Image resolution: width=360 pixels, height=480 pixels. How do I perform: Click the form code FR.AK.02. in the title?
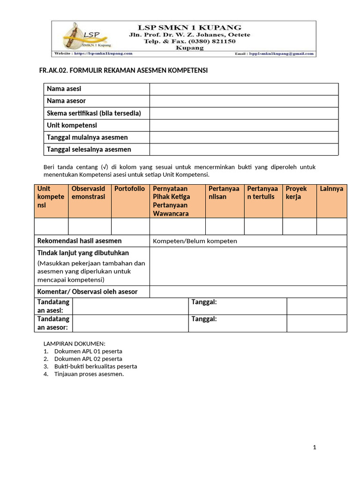click(x=53, y=70)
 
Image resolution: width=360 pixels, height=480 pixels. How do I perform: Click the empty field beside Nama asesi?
click(x=244, y=89)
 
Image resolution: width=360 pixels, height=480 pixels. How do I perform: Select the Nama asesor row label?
click(x=66, y=101)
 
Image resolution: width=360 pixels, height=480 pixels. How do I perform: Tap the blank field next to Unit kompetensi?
click(x=244, y=126)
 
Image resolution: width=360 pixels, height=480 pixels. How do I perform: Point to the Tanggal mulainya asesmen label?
click(x=87, y=137)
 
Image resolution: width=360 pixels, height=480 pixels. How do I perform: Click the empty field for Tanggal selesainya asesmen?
click(x=244, y=150)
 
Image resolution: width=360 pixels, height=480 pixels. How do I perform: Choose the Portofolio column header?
click(x=130, y=189)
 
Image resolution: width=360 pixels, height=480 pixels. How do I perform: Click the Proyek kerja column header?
click(x=296, y=193)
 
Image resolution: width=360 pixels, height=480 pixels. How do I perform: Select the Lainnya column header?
click(x=331, y=189)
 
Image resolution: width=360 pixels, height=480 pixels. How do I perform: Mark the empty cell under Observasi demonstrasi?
click(x=90, y=226)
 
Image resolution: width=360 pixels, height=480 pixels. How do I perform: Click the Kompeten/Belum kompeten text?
click(x=195, y=241)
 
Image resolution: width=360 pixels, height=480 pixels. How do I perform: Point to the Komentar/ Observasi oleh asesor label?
click(x=87, y=292)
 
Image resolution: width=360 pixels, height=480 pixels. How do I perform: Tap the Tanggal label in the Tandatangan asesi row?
click(x=204, y=302)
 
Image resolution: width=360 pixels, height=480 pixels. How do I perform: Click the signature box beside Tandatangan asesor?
click(x=130, y=323)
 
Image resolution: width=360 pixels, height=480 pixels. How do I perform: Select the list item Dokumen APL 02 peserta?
click(x=88, y=359)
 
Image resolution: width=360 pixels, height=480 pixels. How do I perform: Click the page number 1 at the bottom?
click(x=315, y=448)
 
